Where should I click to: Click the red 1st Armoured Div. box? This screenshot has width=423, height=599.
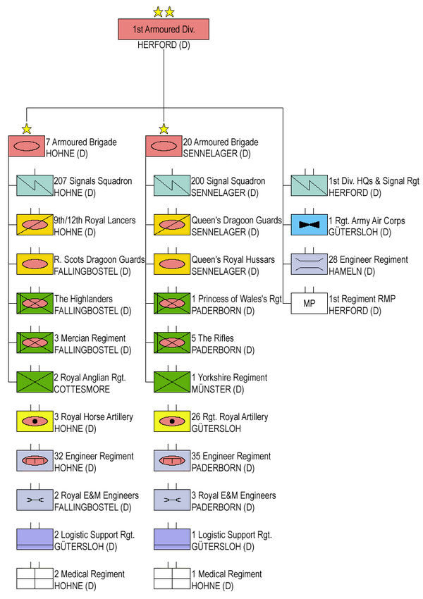(164, 29)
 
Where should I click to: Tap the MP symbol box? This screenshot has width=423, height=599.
(309, 304)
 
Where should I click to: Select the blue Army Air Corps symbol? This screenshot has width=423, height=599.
(309, 225)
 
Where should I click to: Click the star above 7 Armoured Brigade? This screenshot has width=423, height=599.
(26, 129)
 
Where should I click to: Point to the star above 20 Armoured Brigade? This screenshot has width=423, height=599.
(164, 129)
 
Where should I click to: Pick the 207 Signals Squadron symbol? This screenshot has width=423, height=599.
(35, 185)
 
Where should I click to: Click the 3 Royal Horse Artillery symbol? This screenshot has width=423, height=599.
(35, 421)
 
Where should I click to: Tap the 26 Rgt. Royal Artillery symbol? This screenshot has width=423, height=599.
(172, 421)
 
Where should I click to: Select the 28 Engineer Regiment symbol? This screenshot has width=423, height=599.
(309, 264)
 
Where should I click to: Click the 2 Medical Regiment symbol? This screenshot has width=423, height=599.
(35, 579)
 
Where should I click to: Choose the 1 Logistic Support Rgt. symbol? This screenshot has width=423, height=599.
(172, 539)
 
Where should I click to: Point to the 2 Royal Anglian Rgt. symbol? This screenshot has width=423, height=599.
(35, 382)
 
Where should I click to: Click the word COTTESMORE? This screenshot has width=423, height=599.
(82, 389)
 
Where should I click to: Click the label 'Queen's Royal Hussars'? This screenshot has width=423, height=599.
(233, 260)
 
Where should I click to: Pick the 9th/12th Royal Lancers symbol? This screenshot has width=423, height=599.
(35, 225)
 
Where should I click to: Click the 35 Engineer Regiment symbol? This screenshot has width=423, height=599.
(172, 461)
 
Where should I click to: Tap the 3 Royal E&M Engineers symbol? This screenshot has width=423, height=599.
(172, 500)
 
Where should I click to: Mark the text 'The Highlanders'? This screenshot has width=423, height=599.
(83, 299)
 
